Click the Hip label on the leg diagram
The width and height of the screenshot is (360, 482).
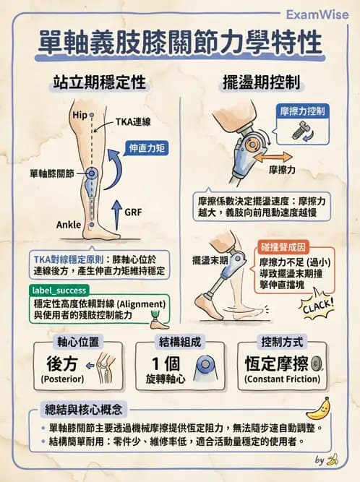(80, 116)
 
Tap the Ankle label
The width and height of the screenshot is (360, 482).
(69, 225)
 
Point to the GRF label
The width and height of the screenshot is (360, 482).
(133, 213)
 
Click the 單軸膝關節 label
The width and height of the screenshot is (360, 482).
(52, 174)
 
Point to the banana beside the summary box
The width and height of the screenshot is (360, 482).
(319, 411)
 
